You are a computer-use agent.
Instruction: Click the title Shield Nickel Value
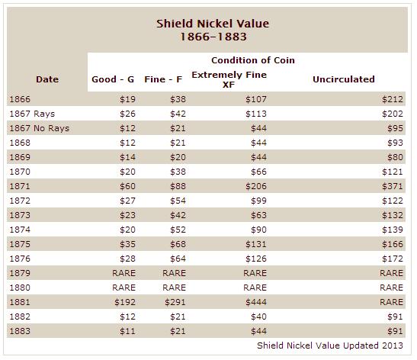(x=213, y=24)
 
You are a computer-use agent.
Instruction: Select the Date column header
(x=47, y=79)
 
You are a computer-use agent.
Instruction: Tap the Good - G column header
(x=113, y=79)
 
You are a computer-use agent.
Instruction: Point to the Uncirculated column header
(x=344, y=79)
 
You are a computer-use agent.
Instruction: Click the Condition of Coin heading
(x=253, y=60)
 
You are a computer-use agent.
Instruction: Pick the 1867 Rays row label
(x=32, y=114)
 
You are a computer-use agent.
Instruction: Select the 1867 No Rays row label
(x=40, y=128)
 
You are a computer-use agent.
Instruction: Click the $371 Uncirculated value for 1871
(x=393, y=186)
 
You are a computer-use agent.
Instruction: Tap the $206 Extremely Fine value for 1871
(x=256, y=186)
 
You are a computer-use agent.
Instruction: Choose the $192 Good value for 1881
(x=125, y=302)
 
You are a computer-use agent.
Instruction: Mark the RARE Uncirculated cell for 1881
(x=392, y=302)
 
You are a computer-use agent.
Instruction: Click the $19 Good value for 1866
(x=127, y=99)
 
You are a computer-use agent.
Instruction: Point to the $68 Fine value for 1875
(x=178, y=244)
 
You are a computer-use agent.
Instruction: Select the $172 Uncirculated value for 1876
(x=393, y=259)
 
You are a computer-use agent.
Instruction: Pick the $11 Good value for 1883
(x=127, y=331)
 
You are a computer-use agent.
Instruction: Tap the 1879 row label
(x=20, y=273)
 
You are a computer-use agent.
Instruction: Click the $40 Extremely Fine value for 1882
(x=258, y=317)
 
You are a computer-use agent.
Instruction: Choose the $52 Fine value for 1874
(x=178, y=230)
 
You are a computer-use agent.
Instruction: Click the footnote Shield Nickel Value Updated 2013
(x=330, y=346)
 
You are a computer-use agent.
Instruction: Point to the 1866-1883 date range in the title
(x=213, y=37)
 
